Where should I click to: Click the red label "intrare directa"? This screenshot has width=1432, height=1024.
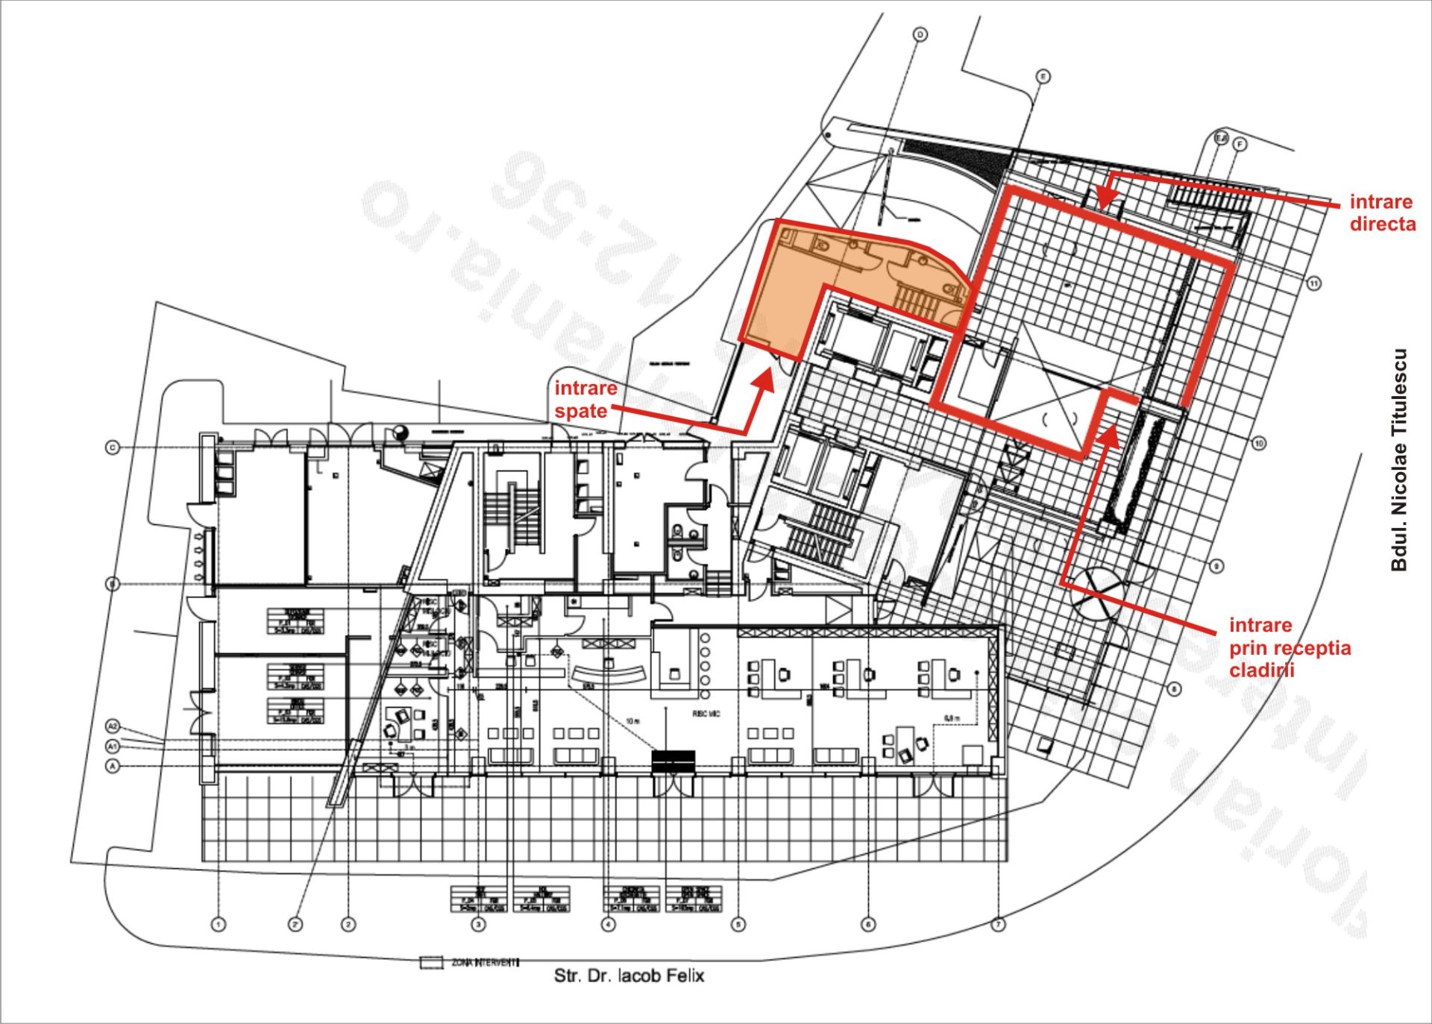point(1382,213)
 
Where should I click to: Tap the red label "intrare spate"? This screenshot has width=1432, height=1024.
point(585,399)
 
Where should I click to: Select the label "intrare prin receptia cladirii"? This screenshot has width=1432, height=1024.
point(1290,647)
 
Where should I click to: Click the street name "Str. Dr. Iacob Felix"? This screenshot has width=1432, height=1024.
point(629,976)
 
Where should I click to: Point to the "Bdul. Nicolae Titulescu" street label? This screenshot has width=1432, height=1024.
point(1398,459)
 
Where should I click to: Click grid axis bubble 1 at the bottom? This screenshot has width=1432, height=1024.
point(219,925)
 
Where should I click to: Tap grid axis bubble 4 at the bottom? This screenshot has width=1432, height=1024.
point(609,925)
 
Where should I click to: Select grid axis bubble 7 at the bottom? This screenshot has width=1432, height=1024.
point(998,925)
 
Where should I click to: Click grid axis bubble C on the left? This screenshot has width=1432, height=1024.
point(113,447)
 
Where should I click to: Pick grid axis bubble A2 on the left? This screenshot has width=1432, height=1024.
point(113,726)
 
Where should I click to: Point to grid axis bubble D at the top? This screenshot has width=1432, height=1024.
point(920,35)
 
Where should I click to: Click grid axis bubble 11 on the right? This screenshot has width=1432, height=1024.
point(1313,283)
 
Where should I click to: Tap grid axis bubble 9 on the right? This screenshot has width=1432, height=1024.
point(1216,567)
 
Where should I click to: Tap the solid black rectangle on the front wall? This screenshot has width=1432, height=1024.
point(673,761)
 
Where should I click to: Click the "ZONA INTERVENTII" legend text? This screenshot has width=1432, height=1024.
point(485,962)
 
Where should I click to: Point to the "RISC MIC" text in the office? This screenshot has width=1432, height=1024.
point(706,714)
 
